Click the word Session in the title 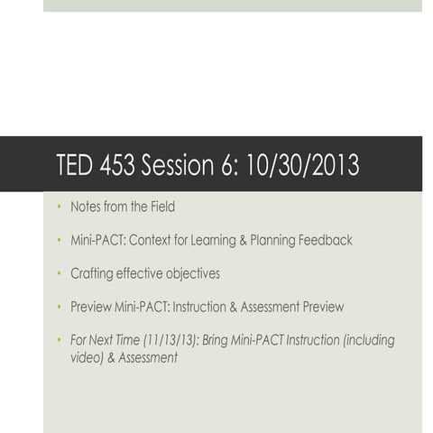[183, 166]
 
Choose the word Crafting [93, 273]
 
